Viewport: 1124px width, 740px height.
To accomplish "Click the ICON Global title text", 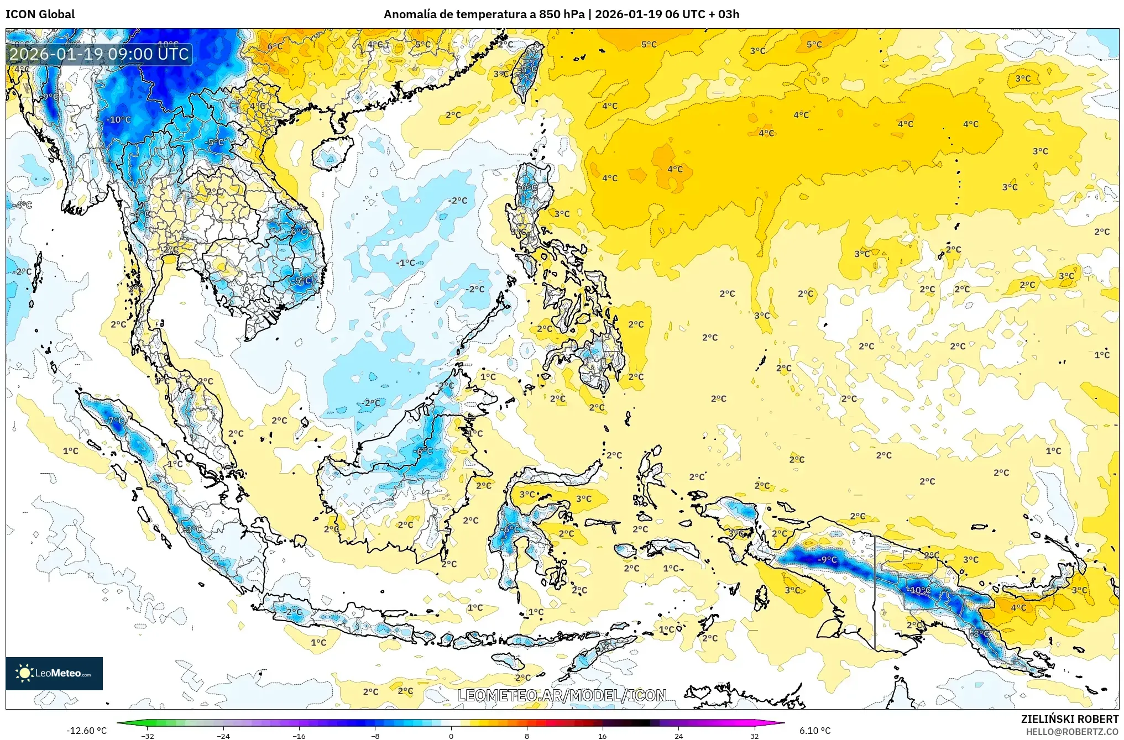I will coord(40,14).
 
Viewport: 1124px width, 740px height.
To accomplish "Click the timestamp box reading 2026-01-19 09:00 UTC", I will coord(100,54).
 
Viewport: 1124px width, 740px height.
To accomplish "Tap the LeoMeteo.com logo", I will coord(54,673).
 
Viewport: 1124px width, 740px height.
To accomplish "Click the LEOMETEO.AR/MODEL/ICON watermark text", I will coord(562,695).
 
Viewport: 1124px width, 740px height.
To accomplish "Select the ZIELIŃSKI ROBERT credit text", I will coord(1069,719).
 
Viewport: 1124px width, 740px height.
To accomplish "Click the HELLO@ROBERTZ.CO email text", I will coord(1072,732).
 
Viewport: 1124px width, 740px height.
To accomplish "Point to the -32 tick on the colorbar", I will coord(148,736).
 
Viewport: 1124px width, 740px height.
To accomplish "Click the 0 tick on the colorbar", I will coord(451,736).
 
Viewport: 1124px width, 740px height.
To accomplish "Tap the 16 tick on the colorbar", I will coord(602,736).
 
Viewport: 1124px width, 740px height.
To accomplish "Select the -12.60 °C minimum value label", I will coord(86,731).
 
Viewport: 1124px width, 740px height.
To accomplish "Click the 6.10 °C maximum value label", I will coord(815,731).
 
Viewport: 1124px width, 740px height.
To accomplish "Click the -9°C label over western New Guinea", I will coord(827,559).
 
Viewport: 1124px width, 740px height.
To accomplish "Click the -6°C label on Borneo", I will coord(424,451).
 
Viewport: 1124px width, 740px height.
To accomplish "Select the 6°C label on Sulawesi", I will coord(511,529).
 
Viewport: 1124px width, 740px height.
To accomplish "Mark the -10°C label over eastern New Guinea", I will coord(920,590).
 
